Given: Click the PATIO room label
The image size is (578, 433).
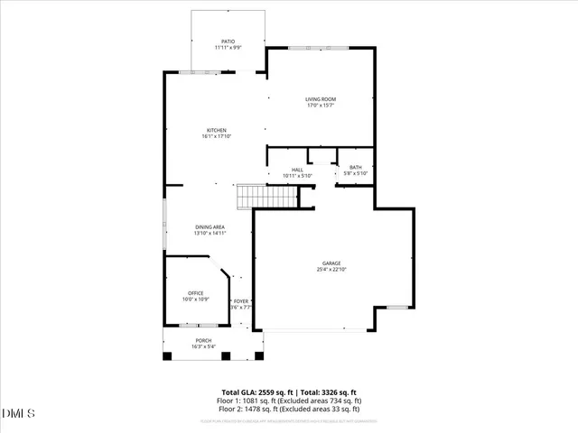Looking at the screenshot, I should [228, 41].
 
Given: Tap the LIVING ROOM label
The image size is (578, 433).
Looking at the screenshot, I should [320, 98].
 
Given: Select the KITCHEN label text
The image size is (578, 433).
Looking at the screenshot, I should [216, 130].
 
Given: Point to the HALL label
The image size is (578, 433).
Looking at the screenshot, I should [296, 169].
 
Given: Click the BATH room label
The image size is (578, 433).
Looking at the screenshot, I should [355, 167].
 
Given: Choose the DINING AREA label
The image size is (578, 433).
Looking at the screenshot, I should [210, 226].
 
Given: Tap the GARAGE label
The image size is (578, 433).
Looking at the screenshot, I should [331, 263].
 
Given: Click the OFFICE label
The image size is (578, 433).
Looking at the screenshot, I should [195, 292].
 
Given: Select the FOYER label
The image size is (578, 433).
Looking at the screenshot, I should [241, 301].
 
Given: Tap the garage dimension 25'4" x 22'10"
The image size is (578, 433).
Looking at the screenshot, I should [331, 269].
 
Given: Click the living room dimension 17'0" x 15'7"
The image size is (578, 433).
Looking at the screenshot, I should [320, 105].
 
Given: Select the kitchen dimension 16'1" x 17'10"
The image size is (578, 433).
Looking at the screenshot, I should [216, 136].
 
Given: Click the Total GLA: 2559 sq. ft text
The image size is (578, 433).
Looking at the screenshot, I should [256, 392].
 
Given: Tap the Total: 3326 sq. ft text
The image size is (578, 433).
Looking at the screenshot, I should [329, 392].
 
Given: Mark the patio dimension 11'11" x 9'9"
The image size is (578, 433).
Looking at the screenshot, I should [228, 48].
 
